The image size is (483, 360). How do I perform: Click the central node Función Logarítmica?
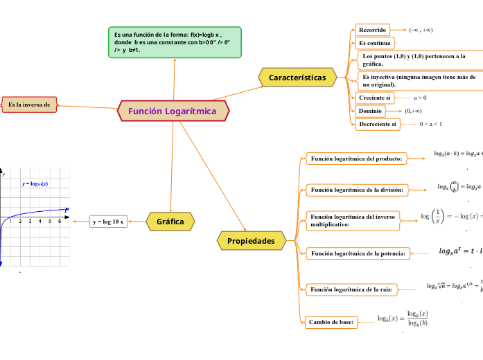172,111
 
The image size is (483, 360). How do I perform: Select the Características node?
297,78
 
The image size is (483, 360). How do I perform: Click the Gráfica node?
170,222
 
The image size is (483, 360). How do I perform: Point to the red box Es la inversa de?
29,105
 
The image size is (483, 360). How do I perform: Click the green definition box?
175,42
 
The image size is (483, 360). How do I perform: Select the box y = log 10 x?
108,222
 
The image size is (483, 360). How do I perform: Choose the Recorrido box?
373,30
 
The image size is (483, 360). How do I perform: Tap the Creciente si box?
375,98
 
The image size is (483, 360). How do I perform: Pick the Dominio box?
371,111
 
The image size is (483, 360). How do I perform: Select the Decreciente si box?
378,125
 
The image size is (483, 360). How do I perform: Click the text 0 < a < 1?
432,125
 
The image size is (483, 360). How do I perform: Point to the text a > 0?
420,98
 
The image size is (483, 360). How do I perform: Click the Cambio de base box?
332,322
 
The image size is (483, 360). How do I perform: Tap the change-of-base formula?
403,319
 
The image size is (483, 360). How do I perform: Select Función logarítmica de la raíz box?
351,289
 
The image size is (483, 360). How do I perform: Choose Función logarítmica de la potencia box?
358,254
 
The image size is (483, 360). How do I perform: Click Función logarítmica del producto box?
356,159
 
